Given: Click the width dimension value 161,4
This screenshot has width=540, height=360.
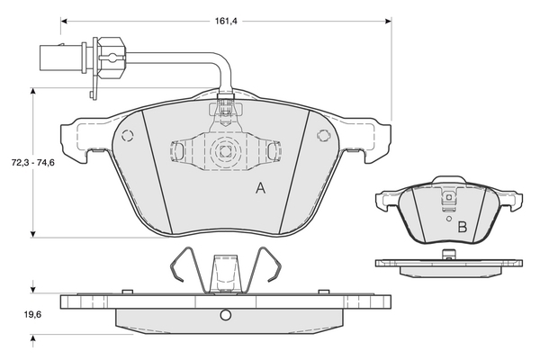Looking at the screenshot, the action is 226,21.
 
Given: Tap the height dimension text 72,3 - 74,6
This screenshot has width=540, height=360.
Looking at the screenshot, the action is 33,163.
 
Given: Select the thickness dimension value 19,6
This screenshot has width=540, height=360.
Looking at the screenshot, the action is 33,314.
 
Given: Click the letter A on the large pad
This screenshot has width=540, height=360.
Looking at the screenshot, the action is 261,188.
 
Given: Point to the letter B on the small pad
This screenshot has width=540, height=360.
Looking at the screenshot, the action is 463,228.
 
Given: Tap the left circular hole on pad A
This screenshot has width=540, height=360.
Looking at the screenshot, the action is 128,135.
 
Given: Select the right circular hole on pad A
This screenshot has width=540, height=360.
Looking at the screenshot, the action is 323,135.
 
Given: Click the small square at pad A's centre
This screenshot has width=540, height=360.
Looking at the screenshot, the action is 226,151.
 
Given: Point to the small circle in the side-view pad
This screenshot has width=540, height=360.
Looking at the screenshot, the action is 226,314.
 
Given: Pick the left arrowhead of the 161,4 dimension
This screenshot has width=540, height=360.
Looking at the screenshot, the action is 64,22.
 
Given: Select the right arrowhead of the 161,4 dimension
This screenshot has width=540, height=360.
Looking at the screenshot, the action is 388,22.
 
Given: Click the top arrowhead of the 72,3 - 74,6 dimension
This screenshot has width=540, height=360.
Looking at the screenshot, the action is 33,91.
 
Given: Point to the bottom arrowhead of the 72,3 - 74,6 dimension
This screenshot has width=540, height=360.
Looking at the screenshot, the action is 33,234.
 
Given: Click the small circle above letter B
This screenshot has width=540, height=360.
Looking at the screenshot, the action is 449,218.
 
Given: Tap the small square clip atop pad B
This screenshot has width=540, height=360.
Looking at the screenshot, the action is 449,197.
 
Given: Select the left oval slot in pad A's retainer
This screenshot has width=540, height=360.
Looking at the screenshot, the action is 179,151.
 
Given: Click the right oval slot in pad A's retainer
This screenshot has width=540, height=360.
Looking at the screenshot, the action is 272,151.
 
